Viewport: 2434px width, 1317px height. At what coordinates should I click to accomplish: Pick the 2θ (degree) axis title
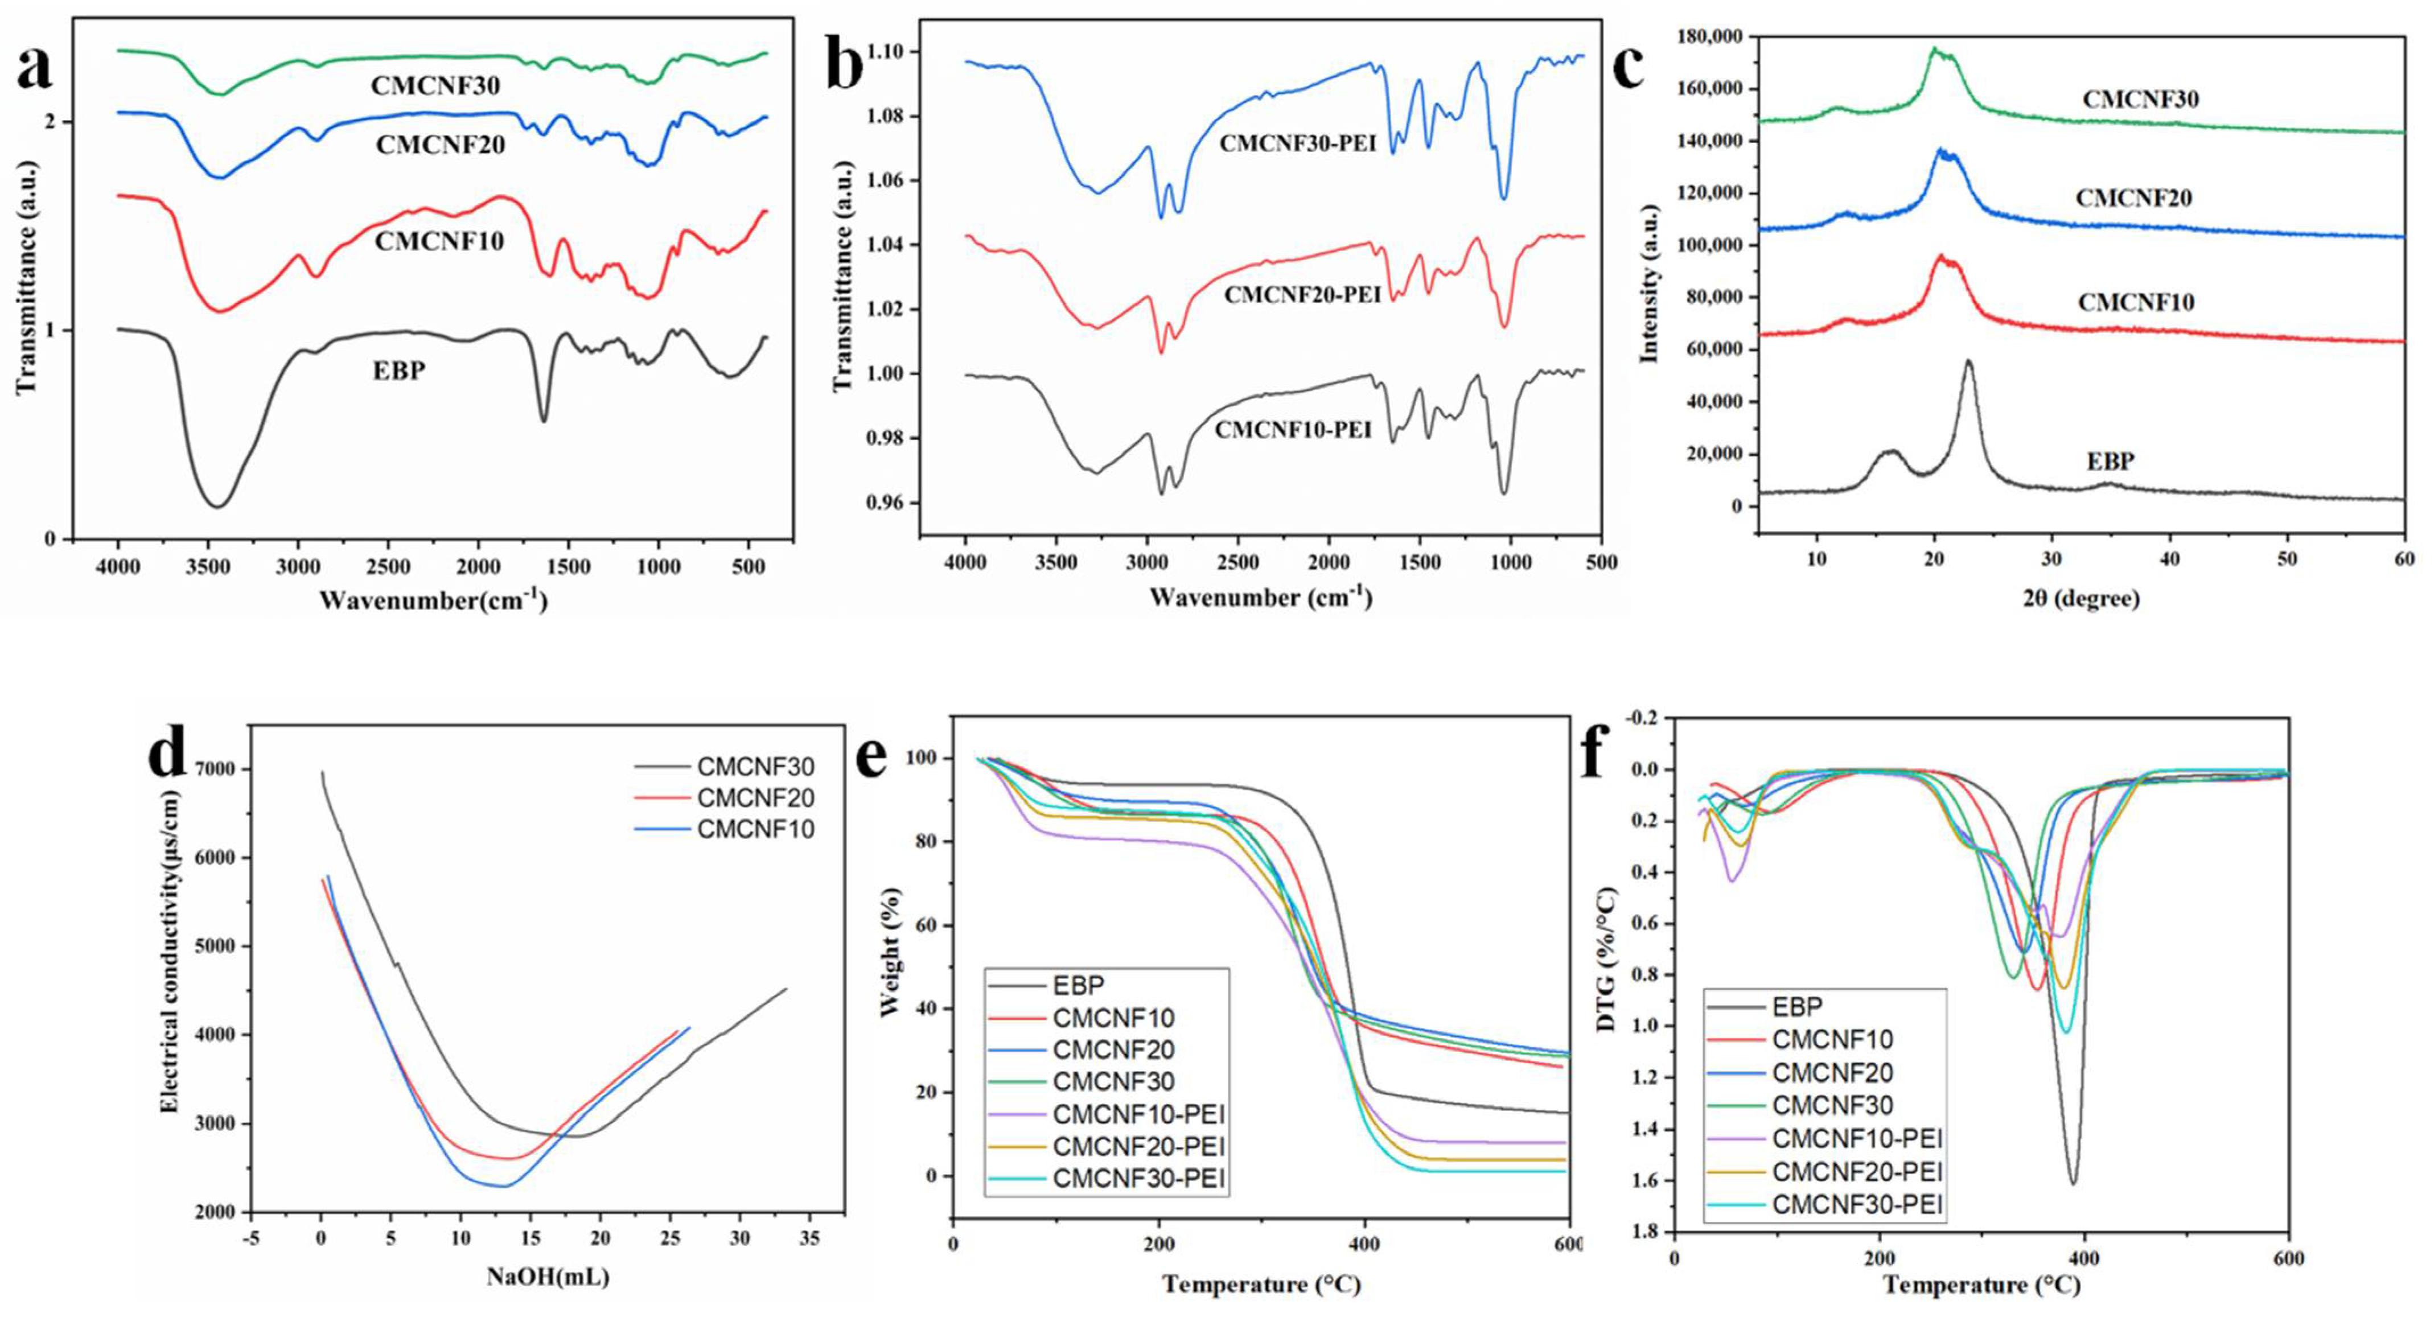pos(2081,598)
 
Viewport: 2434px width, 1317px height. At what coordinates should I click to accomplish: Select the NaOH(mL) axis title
pos(548,1277)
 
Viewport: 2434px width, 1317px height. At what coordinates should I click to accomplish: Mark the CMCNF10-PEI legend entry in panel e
pos(1138,1113)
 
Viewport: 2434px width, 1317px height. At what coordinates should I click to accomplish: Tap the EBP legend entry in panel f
pos(1796,1007)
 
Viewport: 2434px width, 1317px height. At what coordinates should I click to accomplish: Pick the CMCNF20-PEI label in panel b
pos(1302,295)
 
